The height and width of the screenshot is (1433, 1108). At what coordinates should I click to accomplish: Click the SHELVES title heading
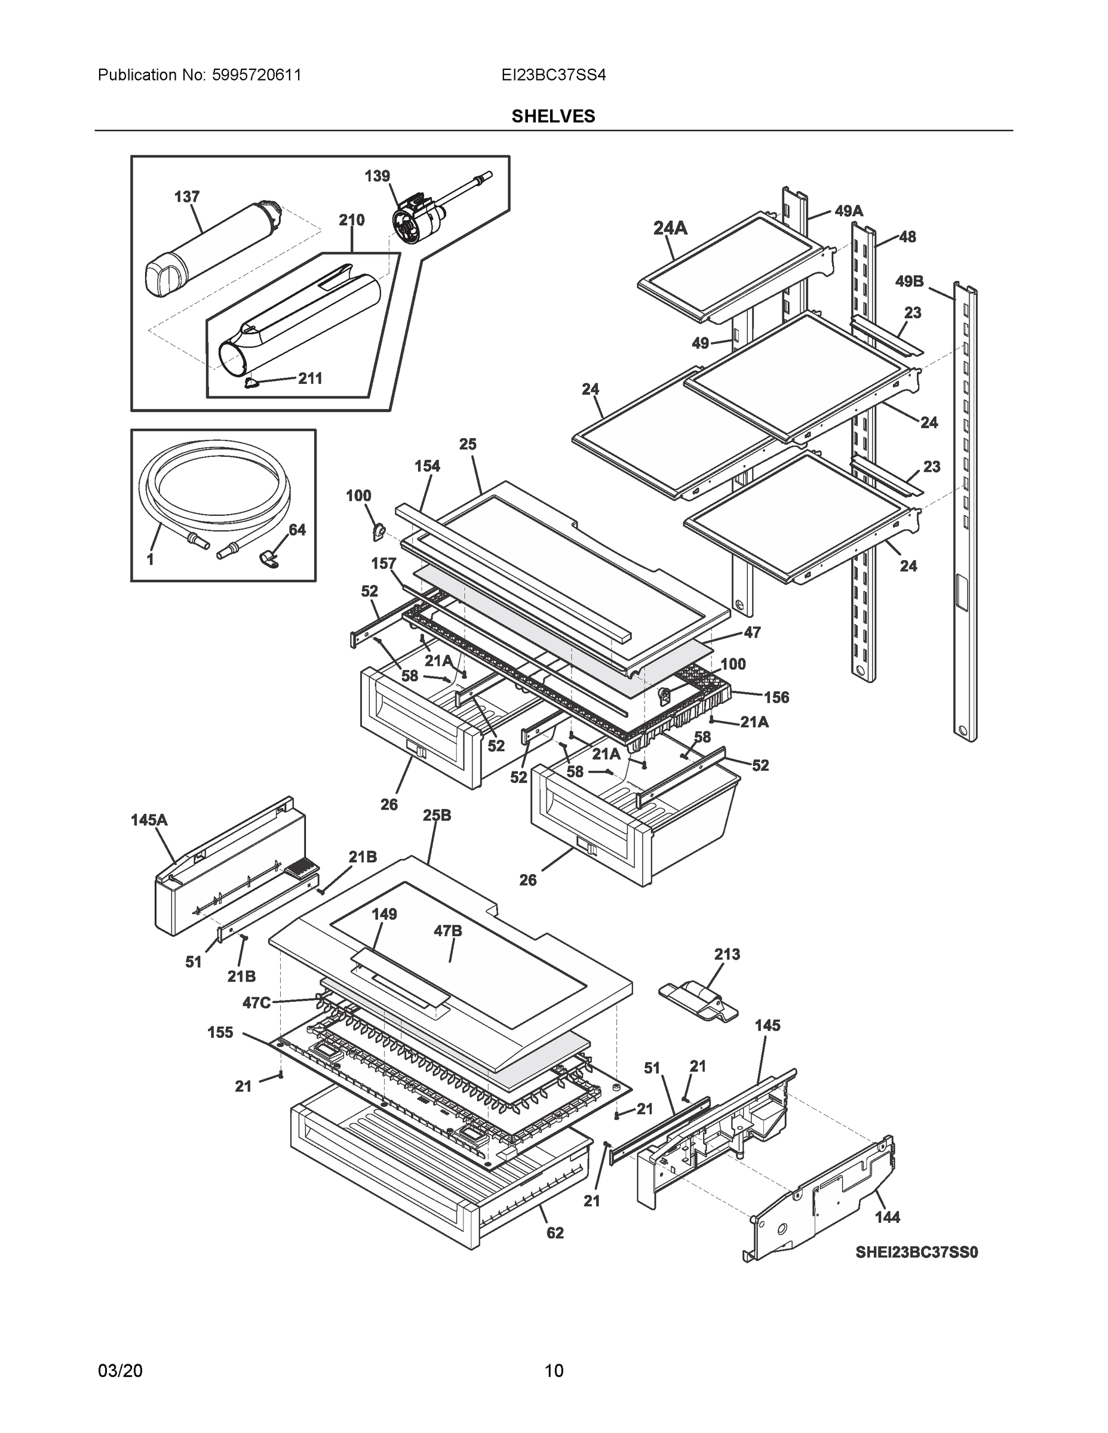(x=553, y=116)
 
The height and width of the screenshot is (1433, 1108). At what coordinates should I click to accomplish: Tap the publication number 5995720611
(x=257, y=75)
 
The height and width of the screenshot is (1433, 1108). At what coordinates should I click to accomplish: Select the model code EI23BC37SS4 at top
(x=553, y=75)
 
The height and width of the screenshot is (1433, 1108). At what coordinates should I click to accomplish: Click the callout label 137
(x=186, y=196)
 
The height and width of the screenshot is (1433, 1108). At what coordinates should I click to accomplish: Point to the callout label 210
(x=352, y=220)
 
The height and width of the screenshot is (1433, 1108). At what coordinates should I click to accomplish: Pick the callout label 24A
(x=670, y=227)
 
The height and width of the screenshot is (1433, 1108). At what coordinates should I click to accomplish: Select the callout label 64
(x=297, y=530)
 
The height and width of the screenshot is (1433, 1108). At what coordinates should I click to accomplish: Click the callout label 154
(x=427, y=466)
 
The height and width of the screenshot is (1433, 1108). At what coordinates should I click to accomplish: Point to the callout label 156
(x=776, y=697)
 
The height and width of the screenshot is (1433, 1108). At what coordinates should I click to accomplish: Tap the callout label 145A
(x=149, y=820)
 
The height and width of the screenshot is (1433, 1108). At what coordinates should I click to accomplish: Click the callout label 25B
(x=437, y=815)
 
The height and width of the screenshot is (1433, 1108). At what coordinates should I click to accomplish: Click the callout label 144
(x=888, y=1217)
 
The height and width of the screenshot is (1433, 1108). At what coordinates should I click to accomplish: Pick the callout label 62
(x=555, y=1233)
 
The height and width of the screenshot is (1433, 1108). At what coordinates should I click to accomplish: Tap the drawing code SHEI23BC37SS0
(x=916, y=1252)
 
